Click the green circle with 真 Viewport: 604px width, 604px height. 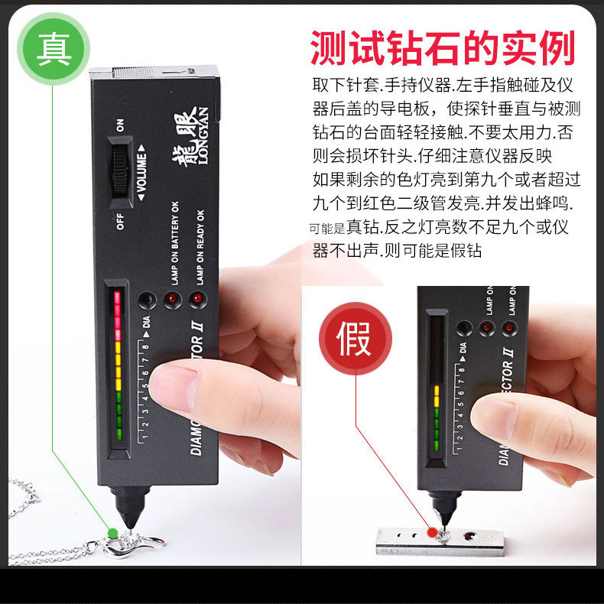54,48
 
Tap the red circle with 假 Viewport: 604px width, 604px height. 355,338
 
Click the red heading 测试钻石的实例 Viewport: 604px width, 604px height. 443,48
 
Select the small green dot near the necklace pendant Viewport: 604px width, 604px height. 113,532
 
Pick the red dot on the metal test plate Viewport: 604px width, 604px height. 431,531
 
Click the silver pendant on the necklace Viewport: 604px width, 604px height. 126,545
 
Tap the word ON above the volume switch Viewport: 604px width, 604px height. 119,125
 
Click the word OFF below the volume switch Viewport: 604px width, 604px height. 119,222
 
